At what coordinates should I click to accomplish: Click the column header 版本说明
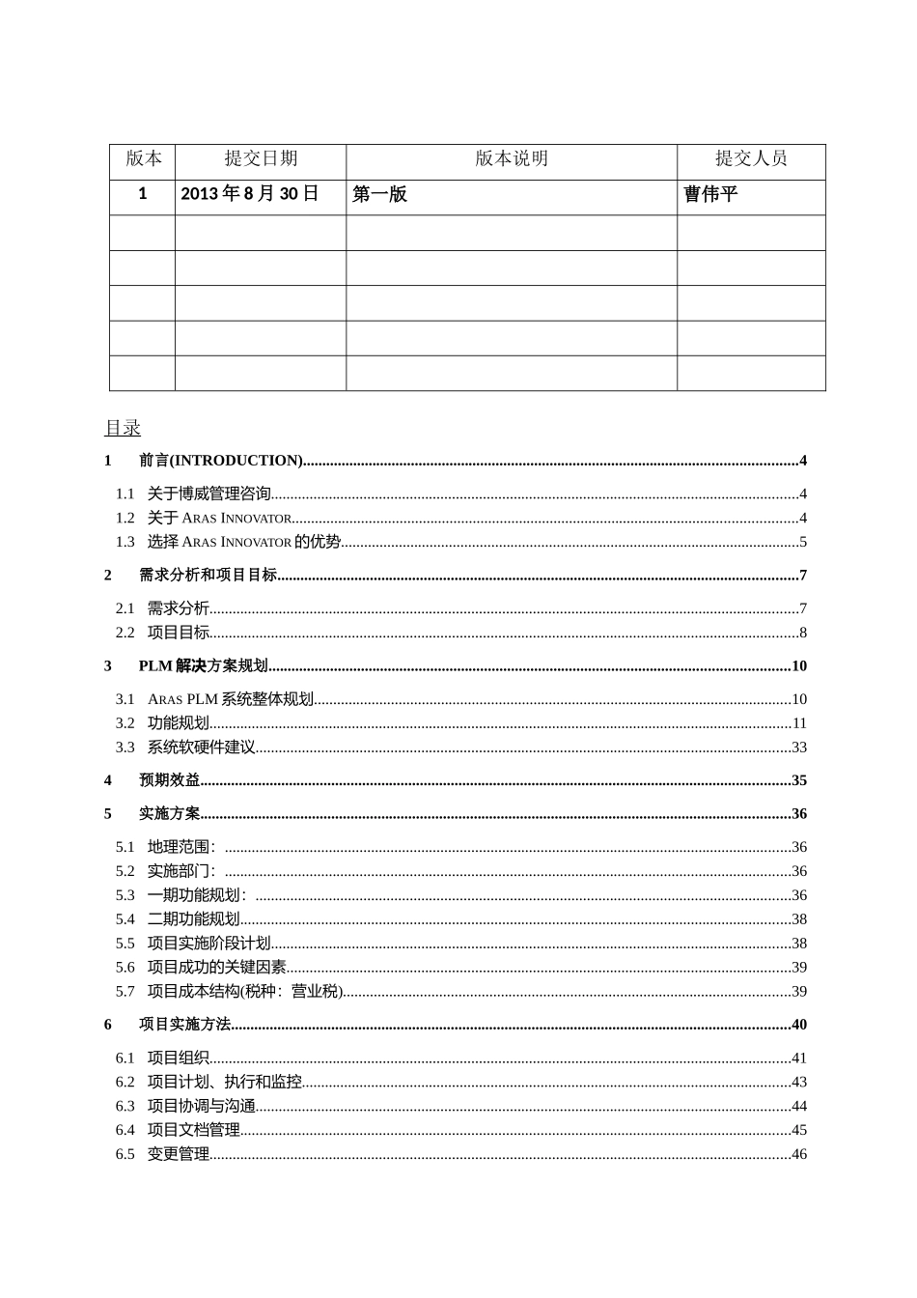tap(511, 159)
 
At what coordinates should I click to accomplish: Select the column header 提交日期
tap(261, 159)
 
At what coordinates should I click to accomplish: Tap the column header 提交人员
tap(751, 159)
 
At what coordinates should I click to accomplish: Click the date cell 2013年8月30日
tap(249, 194)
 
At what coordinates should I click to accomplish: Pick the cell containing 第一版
tap(379, 194)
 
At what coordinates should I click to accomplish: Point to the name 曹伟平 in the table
tap(710, 194)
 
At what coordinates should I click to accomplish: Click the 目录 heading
tap(123, 428)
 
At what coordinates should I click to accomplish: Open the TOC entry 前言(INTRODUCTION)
tap(221, 461)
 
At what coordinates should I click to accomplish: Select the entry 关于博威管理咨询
tap(208, 494)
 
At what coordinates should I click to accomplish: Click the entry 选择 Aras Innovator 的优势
tap(243, 542)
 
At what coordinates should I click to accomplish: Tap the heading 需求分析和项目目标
tap(208, 576)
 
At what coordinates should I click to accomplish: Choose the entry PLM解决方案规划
tap(203, 666)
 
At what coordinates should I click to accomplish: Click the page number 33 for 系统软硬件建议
tap(799, 748)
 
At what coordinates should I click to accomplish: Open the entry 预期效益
tap(169, 780)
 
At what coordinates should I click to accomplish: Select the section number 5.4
tap(125, 919)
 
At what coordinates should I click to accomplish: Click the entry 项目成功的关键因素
tap(216, 968)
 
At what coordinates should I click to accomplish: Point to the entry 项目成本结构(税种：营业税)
tap(245, 992)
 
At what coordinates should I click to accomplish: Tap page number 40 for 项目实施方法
tap(799, 1025)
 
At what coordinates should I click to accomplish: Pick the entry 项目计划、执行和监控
tap(224, 1083)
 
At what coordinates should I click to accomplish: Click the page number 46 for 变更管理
tap(799, 1154)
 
